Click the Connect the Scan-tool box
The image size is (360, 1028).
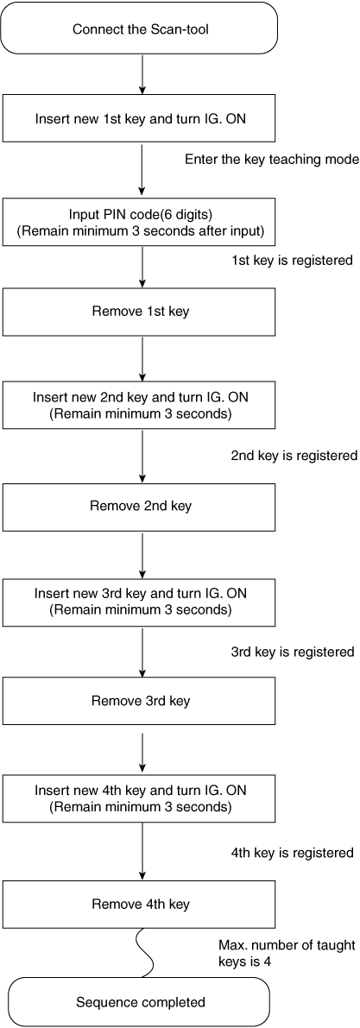click(x=141, y=28)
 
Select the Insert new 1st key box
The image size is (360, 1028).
click(x=141, y=119)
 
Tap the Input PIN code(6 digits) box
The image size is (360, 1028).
click(x=141, y=221)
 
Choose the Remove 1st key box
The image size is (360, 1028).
click(x=141, y=312)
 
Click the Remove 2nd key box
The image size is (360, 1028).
click(x=141, y=507)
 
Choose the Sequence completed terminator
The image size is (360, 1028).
click(x=141, y=1002)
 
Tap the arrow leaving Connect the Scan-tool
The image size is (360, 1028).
click(x=141, y=76)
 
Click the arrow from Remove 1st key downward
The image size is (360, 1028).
click(x=141, y=359)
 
